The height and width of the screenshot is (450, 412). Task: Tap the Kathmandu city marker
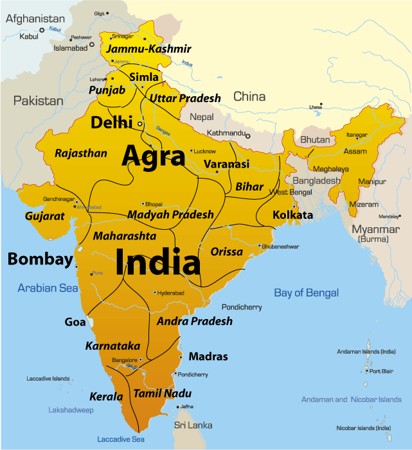247,135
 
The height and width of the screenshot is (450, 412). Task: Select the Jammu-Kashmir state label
148,49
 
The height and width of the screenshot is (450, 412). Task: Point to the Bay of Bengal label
306,293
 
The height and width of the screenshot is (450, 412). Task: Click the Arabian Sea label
48,288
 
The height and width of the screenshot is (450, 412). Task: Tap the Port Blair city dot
367,371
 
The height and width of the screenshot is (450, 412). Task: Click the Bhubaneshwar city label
282,246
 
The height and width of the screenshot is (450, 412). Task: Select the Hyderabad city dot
155,293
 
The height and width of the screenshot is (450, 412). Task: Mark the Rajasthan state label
81,153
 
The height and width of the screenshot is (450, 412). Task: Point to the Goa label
75,322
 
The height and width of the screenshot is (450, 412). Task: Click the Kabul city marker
42,30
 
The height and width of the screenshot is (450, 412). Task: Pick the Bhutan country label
315,139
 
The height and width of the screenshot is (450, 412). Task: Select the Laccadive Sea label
121,439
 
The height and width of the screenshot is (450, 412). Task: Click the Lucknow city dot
191,151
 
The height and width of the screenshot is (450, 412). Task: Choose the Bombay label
40,259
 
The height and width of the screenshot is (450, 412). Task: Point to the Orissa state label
226,252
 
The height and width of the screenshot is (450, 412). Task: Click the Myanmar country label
375,230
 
